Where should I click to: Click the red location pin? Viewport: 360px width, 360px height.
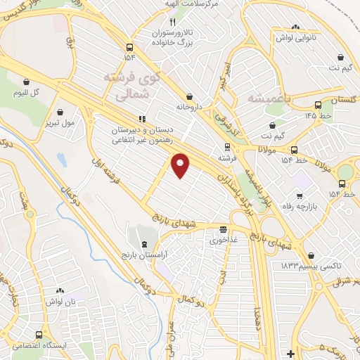[181, 165]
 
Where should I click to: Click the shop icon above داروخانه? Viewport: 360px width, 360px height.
[189, 97]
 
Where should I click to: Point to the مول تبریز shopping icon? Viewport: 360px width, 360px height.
[62, 111]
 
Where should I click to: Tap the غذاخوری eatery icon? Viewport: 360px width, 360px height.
[223, 229]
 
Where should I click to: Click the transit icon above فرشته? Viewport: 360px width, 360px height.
[226, 147]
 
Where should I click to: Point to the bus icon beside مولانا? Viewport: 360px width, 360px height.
[294, 149]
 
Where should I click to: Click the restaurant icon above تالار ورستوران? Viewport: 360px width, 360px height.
[162, 21]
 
